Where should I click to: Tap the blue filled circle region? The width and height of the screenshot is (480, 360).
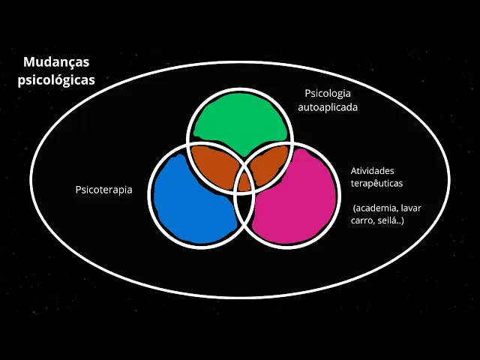point(191,199)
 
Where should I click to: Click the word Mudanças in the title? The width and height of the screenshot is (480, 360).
point(56,63)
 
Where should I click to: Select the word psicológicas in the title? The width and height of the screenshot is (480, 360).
point(56,80)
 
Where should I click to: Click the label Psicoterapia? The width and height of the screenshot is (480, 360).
point(103,190)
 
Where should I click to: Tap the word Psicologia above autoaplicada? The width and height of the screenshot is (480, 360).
point(328,94)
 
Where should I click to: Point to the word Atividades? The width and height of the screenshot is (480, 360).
point(372,171)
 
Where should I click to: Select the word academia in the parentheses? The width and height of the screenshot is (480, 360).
point(376,208)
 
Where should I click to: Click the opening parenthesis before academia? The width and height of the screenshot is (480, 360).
point(355,208)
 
